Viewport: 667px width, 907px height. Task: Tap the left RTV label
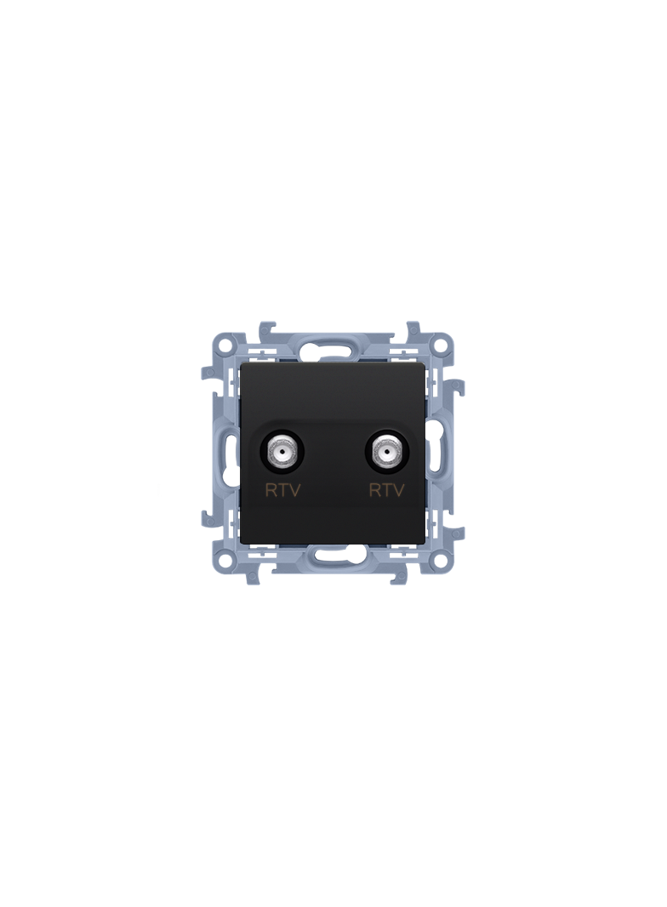pyautogui.click(x=283, y=491)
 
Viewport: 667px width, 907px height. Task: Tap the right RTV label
pyautogui.click(x=386, y=491)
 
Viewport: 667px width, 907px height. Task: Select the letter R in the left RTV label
pyautogui.click(x=271, y=491)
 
